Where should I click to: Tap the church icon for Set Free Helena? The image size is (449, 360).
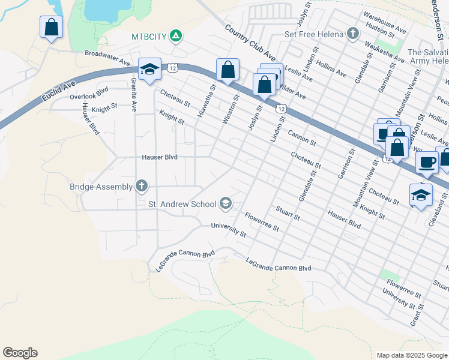tap(354, 34)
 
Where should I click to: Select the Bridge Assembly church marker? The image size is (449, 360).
tap(142, 187)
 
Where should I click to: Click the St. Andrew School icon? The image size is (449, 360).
tap(226, 204)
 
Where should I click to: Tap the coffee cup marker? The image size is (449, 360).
tap(427, 161)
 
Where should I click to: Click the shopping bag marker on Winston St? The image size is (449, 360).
tap(228, 70)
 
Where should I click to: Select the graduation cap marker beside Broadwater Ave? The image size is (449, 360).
tap(149, 70)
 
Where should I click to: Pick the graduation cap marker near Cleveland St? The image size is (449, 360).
tap(421, 195)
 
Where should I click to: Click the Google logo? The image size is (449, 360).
tap(20, 353)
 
